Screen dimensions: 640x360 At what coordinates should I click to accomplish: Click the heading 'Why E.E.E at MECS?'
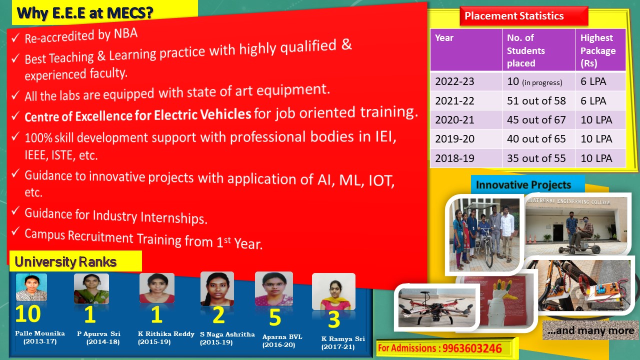[x=85, y=13]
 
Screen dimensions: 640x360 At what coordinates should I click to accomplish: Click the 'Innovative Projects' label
[x=523, y=185]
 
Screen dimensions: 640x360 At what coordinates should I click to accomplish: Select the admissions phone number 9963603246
[x=471, y=348]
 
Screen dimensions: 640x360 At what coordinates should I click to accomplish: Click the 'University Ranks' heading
[x=65, y=261]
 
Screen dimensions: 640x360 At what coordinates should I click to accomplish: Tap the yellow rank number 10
[x=28, y=313]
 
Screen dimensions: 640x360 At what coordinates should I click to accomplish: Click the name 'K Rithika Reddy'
[x=166, y=333]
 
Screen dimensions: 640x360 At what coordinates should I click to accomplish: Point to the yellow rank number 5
[x=275, y=317]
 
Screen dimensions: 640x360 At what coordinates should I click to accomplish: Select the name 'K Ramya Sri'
[x=343, y=338]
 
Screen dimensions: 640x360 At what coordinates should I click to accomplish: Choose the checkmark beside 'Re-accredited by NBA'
[x=15, y=37]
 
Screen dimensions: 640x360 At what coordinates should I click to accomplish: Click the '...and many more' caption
[x=591, y=330]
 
